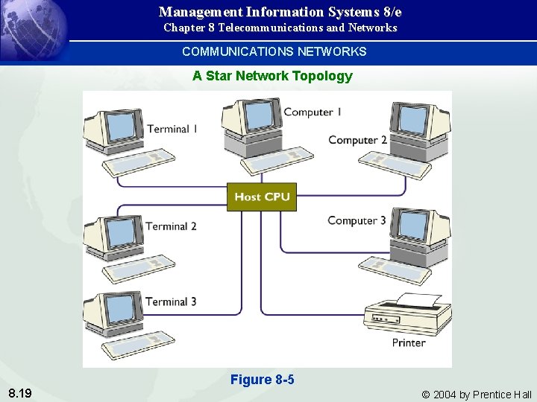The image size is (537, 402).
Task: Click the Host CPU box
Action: (x=262, y=197)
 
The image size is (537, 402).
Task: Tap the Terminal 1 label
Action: (x=172, y=129)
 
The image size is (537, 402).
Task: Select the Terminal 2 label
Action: (x=171, y=226)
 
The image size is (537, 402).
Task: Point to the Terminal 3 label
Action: (x=171, y=301)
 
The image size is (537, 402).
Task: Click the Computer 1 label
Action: (x=313, y=112)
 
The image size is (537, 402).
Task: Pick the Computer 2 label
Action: (x=357, y=140)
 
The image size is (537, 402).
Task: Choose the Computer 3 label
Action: (x=357, y=220)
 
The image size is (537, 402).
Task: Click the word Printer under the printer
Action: (x=409, y=342)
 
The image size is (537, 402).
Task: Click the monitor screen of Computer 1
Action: (x=259, y=115)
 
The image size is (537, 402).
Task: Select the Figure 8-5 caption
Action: (x=263, y=380)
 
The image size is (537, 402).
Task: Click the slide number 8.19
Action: (x=20, y=393)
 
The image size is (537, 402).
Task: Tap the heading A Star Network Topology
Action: (x=272, y=76)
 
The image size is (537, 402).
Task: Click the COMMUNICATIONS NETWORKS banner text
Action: (x=274, y=51)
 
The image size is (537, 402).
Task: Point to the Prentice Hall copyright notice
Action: (x=477, y=395)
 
